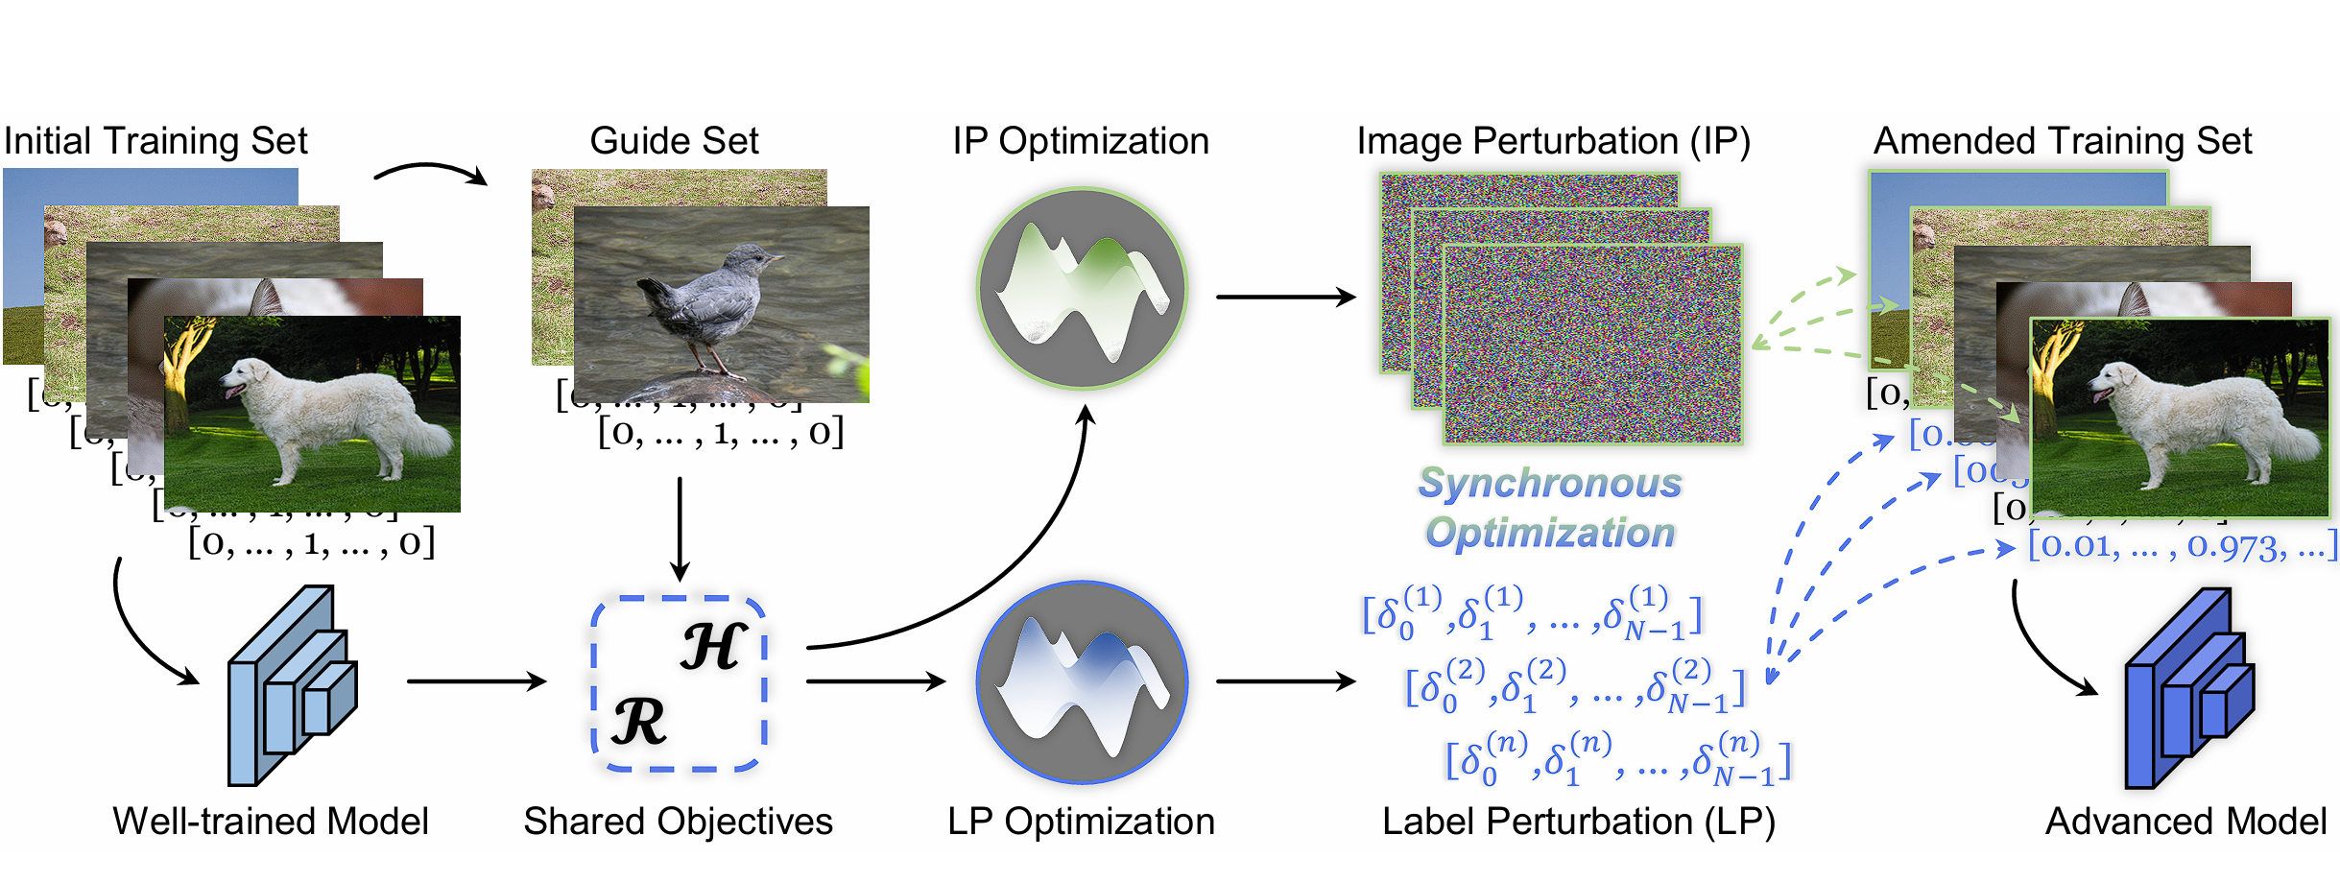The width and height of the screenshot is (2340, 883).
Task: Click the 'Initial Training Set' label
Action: [155, 141]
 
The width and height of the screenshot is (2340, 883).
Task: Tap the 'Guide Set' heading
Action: [674, 141]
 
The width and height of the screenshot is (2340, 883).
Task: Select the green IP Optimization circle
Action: [1082, 288]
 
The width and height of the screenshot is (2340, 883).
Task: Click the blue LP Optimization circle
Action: [1082, 682]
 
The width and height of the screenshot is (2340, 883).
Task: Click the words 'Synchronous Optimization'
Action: [1550, 508]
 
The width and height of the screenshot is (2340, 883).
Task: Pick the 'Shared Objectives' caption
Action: [678, 822]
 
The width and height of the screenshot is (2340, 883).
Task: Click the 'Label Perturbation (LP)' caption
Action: [1578, 822]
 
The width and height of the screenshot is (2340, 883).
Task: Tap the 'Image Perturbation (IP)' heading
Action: [1553, 141]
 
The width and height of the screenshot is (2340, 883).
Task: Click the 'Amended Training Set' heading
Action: [2062, 141]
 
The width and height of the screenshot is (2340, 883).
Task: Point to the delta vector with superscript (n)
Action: [1618, 759]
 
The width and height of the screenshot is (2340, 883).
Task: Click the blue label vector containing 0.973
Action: [2182, 546]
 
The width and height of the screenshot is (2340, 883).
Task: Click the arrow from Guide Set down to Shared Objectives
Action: [680, 528]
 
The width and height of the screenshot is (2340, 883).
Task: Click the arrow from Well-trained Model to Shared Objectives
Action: [475, 681]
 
